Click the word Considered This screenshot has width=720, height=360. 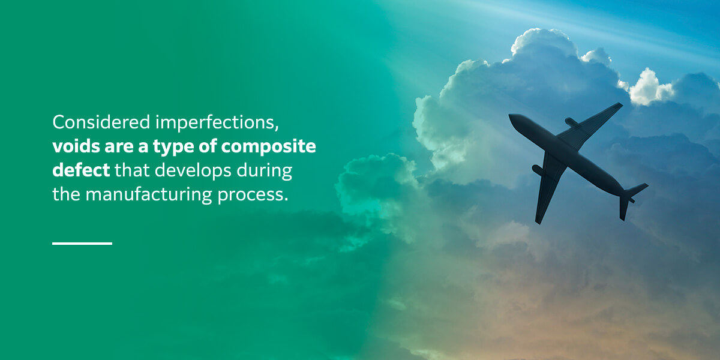pyautogui.click(x=101, y=122)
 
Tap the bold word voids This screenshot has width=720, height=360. pyautogui.click(x=76, y=146)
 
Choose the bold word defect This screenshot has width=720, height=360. pyautogui.click(x=81, y=170)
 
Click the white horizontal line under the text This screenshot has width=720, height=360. pyautogui.click(x=82, y=244)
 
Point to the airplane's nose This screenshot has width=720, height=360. pyautogui.click(x=511, y=116)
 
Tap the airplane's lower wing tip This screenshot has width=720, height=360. pyautogui.click(x=538, y=221)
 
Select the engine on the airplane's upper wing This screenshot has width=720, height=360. pyautogui.click(x=571, y=122)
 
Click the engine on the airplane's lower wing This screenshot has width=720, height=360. pyautogui.click(x=538, y=170)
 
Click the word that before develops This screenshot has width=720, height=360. pyautogui.click(x=132, y=170)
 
